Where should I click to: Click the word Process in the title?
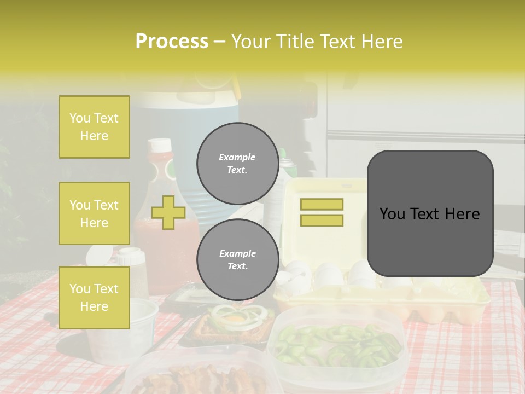click(172, 42)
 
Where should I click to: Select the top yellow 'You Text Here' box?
click(94, 127)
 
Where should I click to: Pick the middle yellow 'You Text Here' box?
click(94, 213)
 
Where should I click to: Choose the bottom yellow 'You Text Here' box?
click(94, 298)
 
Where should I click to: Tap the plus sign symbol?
click(168, 213)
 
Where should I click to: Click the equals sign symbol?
click(322, 212)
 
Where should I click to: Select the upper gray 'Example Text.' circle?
click(237, 164)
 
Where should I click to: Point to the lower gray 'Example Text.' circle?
click(237, 260)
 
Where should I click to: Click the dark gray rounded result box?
click(430, 213)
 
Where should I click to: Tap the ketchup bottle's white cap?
click(160, 146)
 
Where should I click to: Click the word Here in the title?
click(382, 42)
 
